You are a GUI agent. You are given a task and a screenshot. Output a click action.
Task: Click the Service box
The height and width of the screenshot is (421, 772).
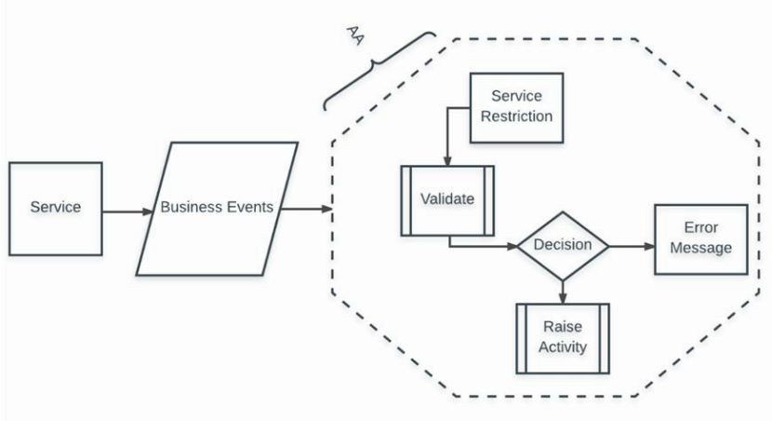(x=55, y=209)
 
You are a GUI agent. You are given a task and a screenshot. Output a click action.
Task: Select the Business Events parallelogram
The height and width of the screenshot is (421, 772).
(x=217, y=209)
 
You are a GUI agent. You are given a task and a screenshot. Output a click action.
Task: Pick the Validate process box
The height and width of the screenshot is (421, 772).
(x=447, y=199)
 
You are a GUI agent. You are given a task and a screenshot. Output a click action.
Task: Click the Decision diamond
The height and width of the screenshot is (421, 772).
(x=562, y=247)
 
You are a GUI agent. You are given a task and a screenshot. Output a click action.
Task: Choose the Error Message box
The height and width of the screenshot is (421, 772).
(x=700, y=238)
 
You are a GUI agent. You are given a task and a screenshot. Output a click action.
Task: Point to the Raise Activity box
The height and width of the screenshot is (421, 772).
(x=562, y=338)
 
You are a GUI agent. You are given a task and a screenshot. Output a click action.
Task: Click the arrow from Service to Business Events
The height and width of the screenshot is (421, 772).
(x=126, y=210)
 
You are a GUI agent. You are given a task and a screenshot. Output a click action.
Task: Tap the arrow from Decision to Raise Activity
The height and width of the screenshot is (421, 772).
(x=562, y=291)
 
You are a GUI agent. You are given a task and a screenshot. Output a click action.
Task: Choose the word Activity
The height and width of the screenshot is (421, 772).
(x=562, y=348)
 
